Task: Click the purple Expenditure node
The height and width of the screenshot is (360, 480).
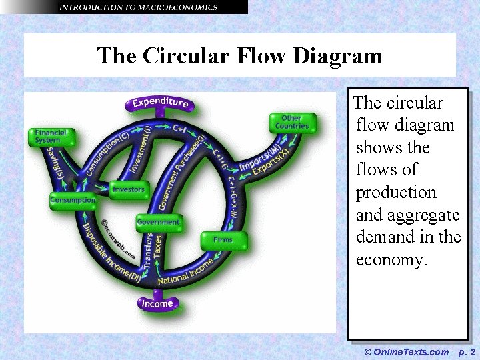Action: point(160,103)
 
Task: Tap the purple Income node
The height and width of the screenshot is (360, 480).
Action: point(157,304)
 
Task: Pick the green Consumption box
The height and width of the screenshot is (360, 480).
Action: point(73,200)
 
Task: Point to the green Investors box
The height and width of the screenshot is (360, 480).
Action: point(128,189)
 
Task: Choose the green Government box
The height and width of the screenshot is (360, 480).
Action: point(158,221)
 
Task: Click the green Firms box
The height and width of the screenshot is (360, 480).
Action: point(223,239)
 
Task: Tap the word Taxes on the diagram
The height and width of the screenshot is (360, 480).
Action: point(158,247)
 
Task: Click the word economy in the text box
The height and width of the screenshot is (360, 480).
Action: point(391,259)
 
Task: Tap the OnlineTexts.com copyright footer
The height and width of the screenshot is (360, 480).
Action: point(407,351)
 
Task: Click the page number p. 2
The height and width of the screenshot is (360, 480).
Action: point(467,351)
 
